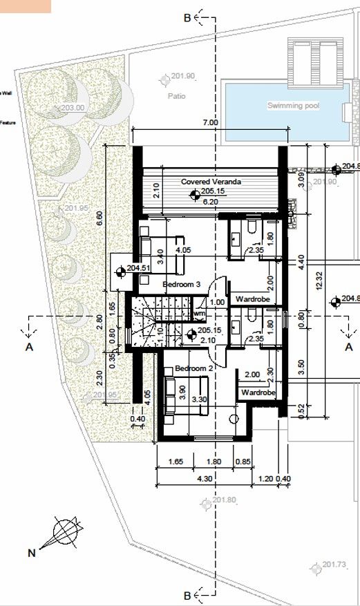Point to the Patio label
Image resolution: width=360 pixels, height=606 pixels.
coord(176,97)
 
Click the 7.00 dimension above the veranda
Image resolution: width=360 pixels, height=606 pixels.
coord(210,123)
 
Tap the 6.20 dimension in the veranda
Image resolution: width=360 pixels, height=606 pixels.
coord(209,201)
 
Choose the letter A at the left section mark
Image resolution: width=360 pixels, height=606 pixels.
coord(29,348)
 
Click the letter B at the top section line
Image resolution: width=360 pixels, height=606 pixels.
coord(187,19)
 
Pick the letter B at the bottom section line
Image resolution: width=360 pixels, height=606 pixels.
coord(187,595)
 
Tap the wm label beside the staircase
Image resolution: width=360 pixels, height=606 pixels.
coord(200,314)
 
